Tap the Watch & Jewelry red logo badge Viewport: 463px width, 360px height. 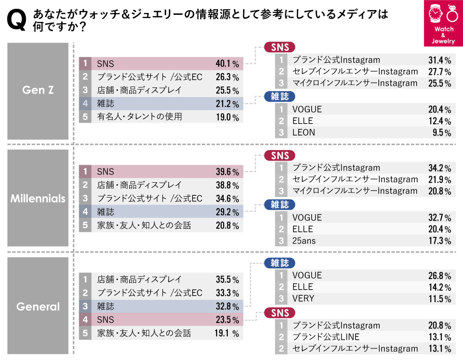(443, 24)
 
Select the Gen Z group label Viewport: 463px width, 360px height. (38, 90)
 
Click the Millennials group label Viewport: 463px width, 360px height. (38, 199)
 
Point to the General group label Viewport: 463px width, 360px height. (38, 306)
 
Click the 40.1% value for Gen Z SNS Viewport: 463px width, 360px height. (227, 63)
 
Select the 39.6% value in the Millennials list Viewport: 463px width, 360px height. (227, 172)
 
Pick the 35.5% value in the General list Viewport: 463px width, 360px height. (227, 279)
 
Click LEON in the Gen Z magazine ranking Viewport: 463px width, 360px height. (304, 132)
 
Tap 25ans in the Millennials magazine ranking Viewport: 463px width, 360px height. (304, 241)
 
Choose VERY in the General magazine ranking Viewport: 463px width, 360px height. (303, 298)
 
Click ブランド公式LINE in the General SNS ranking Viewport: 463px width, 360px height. (326, 337)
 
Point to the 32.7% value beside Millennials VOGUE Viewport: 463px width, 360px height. (439, 217)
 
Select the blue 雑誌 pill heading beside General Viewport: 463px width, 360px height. (280, 263)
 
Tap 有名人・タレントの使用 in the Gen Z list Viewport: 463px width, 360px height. (139, 117)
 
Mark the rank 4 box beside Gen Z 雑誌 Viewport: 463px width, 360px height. (85, 104)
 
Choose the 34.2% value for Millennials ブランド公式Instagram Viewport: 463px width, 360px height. (439, 168)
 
